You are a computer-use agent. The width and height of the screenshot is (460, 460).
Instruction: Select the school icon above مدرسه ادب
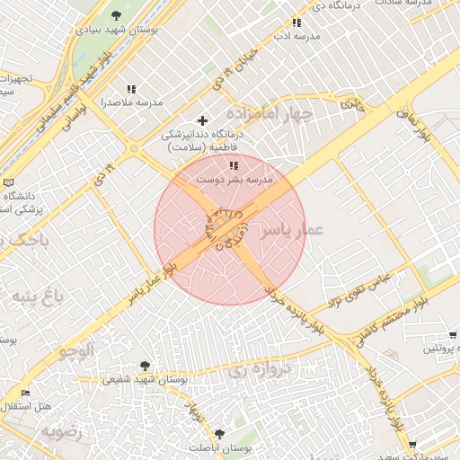[296, 22]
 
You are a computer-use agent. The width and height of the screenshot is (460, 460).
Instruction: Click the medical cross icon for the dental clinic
[202, 120]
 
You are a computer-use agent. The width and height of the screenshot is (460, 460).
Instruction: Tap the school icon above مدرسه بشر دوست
[234, 165]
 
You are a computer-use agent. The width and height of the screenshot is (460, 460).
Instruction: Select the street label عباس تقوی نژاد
[358, 289]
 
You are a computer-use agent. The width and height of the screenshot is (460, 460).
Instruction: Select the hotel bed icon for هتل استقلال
[25, 393]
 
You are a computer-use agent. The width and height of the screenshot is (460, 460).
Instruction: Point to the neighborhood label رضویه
[60, 432]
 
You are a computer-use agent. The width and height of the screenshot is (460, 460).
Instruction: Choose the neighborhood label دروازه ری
[261, 369]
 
